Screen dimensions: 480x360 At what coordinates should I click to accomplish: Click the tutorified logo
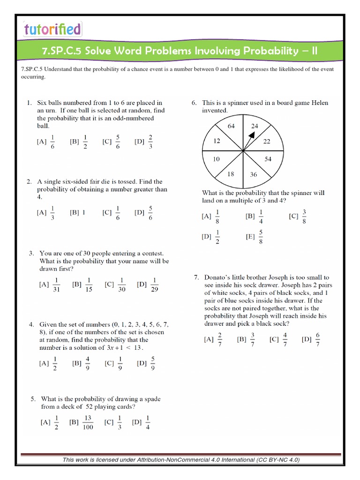(52, 30)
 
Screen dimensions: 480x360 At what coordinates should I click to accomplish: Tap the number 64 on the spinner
(231, 127)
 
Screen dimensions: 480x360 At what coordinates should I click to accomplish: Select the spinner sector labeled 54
(268, 159)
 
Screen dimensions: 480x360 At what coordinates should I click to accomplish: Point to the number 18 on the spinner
(231, 173)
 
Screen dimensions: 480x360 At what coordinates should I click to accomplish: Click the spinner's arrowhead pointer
(252, 135)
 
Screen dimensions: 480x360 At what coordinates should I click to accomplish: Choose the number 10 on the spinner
(216, 159)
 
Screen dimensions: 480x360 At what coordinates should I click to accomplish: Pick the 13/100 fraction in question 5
(88, 422)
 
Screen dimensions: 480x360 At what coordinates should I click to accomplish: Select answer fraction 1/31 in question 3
(57, 285)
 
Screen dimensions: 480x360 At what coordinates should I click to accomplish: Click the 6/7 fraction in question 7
(318, 339)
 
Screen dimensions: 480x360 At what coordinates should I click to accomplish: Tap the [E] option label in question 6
(250, 237)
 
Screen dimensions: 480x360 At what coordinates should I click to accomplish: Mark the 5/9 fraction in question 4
(153, 362)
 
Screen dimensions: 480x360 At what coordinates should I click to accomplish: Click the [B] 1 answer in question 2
(78, 212)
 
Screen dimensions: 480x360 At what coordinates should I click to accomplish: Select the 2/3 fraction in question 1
(150, 141)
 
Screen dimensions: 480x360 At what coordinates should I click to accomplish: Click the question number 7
(197, 277)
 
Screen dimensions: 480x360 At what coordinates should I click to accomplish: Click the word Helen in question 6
(319, 103)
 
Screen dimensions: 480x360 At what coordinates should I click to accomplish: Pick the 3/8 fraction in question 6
(304, 216)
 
